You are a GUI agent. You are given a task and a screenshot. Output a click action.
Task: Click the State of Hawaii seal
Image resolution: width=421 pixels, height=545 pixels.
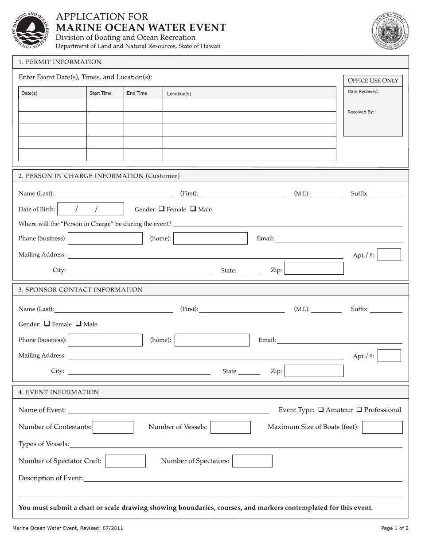(390, 31)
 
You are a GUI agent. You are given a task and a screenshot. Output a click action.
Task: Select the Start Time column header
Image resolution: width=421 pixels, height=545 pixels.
(101, 93)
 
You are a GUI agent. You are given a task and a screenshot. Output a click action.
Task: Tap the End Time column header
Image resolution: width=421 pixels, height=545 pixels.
(137, 93)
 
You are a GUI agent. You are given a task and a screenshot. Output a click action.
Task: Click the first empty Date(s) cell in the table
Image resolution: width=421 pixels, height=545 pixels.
(52, 105)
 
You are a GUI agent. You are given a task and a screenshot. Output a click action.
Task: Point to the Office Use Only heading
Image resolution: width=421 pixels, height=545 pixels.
(373, 81)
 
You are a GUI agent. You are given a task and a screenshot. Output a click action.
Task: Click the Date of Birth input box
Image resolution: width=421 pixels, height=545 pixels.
(91, 209)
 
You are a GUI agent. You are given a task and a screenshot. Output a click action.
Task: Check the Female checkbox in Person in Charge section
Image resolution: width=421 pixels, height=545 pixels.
(162, 209)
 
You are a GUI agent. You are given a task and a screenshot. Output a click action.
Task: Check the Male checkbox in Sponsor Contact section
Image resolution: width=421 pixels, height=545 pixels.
(78, 324)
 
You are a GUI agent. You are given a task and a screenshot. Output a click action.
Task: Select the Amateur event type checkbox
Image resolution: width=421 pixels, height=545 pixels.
(321, 410)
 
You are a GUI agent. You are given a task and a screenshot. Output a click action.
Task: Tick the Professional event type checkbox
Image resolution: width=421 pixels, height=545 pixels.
(359, 410)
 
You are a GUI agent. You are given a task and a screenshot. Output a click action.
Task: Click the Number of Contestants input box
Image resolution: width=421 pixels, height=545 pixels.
(113, 427)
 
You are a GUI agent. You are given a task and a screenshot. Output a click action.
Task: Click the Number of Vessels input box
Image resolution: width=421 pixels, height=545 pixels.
(230, 427)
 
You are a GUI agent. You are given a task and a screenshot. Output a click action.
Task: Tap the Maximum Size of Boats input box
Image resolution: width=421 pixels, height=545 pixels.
(382, 427)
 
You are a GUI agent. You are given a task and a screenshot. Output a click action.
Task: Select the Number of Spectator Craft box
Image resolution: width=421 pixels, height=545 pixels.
(125, 461)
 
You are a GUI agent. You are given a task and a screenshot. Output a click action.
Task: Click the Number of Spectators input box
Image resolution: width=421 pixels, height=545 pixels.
(252, 461)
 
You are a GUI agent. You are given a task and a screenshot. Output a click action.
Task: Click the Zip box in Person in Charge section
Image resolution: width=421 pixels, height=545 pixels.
(314, 269)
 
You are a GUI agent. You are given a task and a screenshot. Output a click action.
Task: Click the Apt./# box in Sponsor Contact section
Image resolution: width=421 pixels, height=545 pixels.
(389, 356)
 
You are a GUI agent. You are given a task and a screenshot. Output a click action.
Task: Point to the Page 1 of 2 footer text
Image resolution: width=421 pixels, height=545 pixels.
(394, 528)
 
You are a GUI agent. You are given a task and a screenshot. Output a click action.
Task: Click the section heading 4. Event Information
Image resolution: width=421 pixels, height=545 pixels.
(59, 392)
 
